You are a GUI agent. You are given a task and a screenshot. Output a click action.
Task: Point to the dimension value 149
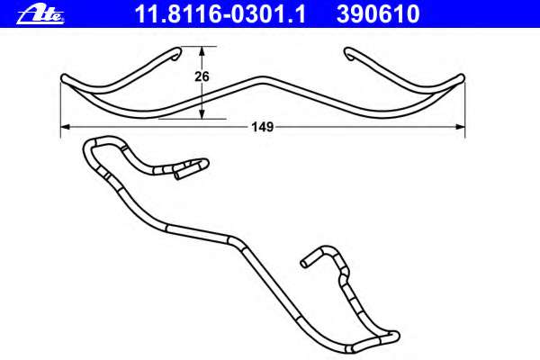click(x=262, y=128)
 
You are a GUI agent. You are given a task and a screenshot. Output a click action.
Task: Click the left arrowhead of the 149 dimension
click(x=66, y=128)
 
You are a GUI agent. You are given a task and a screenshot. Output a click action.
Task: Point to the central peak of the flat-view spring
click(x=262, y=77)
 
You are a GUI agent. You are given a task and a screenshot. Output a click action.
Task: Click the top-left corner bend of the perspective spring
click(x=90, y=144)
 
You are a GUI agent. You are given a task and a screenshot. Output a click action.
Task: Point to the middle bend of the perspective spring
click(x=234, y=241)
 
